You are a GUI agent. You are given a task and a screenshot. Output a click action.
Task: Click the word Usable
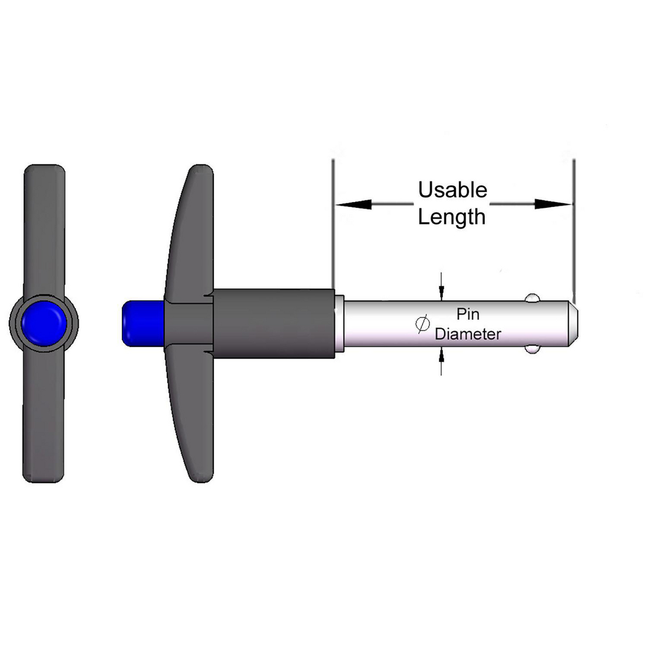point(452,190)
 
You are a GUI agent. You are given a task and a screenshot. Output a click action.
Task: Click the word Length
point(451,217)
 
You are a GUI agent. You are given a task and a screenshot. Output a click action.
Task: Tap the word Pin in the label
point(468,314)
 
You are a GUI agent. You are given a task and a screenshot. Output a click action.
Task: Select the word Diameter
point(468,334)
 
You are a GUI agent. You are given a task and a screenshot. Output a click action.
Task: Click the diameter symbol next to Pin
point(422,324)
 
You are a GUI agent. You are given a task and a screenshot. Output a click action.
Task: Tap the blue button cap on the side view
point(141,323)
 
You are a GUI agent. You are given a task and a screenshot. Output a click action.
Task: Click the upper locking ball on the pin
point(533,297)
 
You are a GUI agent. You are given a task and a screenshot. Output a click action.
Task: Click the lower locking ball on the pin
point(533,350)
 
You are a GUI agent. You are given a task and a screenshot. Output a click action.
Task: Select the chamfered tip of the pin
point(574,323)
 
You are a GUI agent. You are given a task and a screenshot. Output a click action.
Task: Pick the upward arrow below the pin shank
point(441,356)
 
